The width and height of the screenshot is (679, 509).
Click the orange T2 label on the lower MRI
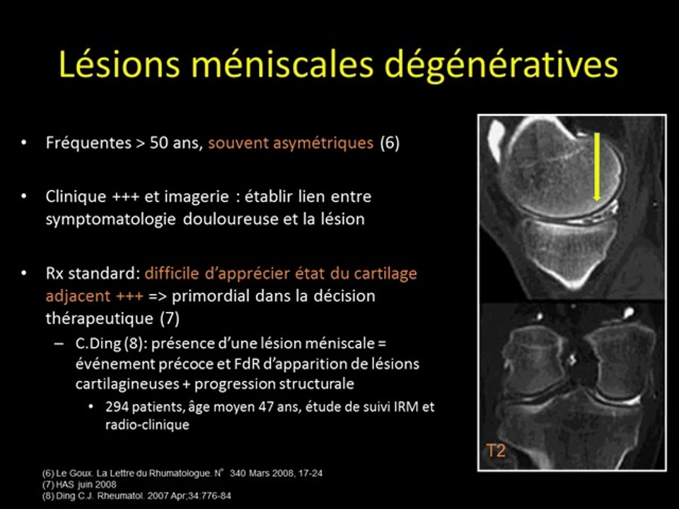tap(497, 450)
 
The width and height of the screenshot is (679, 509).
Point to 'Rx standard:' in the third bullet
tap(92, 272)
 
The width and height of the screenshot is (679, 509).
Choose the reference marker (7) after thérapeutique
tap(169, 318)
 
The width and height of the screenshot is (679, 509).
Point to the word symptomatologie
tap(111, 218)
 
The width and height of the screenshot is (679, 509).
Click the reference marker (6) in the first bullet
tap(390, 143)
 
